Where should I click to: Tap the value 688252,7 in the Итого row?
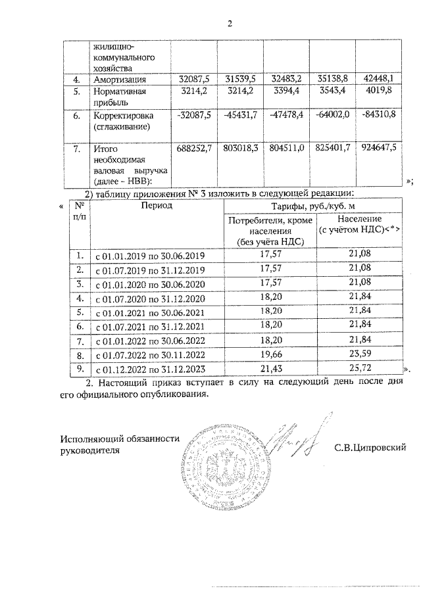(x=193, y=149)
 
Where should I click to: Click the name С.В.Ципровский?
(x=370, y=448)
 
